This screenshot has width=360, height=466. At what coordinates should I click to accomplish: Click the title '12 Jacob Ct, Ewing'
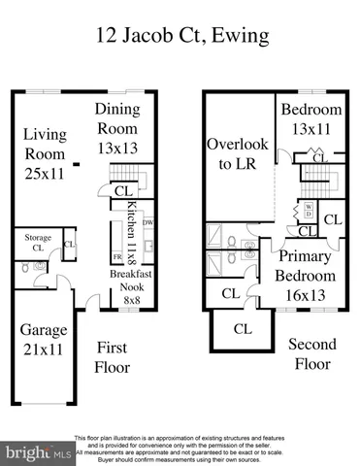180,38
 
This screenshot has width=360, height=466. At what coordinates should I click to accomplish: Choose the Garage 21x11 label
44,340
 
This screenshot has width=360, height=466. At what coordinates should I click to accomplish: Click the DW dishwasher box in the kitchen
147,223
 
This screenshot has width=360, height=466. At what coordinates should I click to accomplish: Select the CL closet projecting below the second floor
242,330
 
